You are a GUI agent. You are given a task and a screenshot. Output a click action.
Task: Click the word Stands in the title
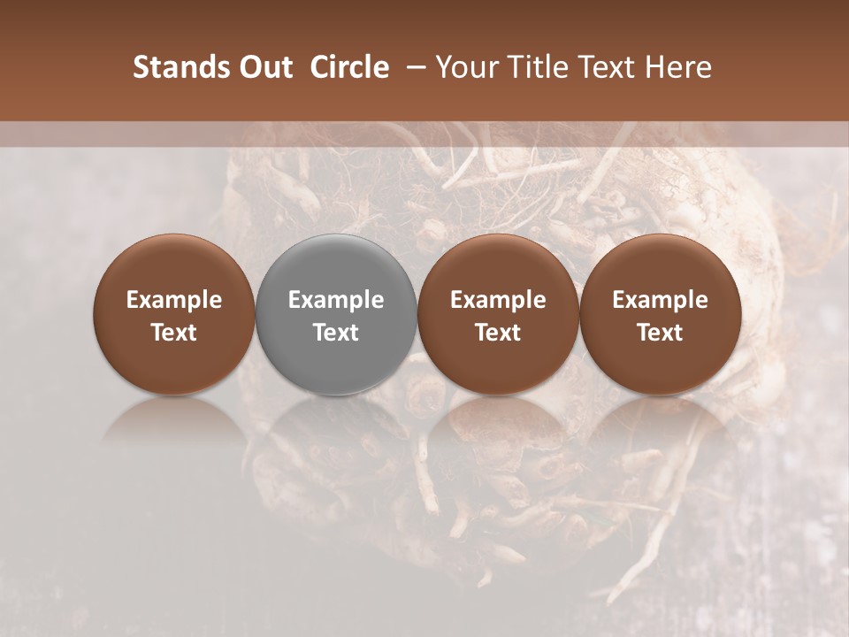point(180,67)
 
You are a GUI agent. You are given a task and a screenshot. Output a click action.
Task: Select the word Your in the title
point(466,67)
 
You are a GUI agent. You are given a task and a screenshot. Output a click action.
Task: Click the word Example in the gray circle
point(336,300)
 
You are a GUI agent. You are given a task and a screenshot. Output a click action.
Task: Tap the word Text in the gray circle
point(336,333)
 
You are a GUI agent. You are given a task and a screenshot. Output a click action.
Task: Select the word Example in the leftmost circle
point(174,300)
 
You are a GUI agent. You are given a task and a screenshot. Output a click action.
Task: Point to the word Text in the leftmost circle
point(174,333)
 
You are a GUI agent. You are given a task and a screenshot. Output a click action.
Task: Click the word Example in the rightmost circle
point(661,300)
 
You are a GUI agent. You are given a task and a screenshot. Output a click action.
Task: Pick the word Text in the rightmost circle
point(661,333)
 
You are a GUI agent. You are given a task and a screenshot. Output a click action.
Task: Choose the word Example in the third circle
point(498,300)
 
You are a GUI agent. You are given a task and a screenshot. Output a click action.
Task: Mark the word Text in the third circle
point(498,333)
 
